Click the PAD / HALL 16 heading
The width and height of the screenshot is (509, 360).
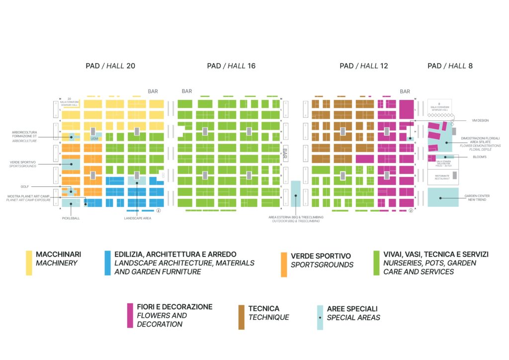pyautogui.click(x=231, y=66)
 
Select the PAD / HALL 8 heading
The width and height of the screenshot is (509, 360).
pyautogui.click(x=450, y=66)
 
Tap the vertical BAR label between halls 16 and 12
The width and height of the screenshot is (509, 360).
pyautogui.click(x=285, y=152)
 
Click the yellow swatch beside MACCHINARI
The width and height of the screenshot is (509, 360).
pyautogui.click(x=29, y=263)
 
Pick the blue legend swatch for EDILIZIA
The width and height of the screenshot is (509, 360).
pyautogui.click(x=107, y=263)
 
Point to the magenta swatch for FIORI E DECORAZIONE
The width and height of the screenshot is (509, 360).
pyautogui.click(x=130, y=315)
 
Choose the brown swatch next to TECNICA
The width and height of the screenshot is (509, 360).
pyautogui.click(x=242, y=317)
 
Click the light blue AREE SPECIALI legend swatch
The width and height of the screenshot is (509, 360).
pyautogui.click(x=320, y=317)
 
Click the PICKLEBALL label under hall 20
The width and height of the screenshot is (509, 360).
pyautogui.click(x=71, y=218)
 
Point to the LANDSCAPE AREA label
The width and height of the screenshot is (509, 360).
pyautogui.click(x=137, y=218)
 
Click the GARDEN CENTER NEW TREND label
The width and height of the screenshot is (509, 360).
pyautogui.click(x=477, y=198)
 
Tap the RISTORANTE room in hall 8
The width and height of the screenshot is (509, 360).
pyautogui.click(x=442, y=177)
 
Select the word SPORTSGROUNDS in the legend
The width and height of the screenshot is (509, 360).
pyautogui.click(x=322, y=265)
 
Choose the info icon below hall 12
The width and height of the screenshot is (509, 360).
pyautogui.click(x=411, y=210)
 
